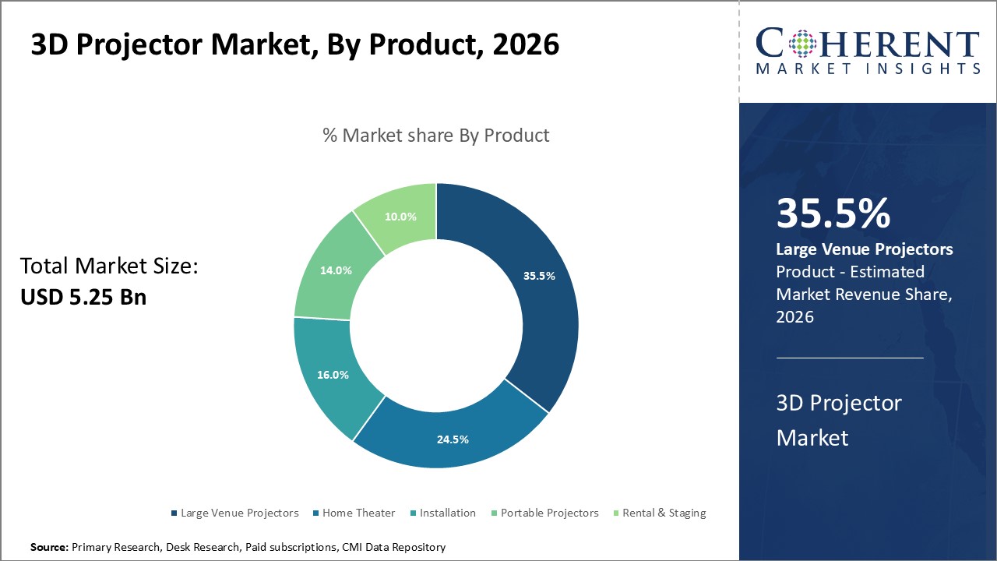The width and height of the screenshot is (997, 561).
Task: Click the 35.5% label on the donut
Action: click(539, 276)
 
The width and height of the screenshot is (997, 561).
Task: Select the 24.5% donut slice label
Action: click(453, 439)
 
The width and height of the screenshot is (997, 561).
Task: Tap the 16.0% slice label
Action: click(333, 375)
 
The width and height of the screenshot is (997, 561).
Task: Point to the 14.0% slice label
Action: click(336, 271)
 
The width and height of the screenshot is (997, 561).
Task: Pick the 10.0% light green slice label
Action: click(400, 217)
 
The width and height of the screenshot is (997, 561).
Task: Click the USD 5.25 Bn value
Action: click(83, 297)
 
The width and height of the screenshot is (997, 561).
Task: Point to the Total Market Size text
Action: click(109, 267)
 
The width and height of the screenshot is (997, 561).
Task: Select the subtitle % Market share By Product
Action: click(436, 136)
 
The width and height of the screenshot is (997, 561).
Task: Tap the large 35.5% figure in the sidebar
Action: click(833, 214)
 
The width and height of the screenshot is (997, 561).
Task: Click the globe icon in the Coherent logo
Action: click(801, 44)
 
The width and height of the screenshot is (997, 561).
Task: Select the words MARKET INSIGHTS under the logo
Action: click(868, 69)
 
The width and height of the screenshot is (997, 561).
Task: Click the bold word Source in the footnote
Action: click(49, 548)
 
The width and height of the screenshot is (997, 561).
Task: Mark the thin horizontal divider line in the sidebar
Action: click(850, 358)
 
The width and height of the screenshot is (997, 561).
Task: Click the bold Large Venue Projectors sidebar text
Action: click(865, 249)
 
